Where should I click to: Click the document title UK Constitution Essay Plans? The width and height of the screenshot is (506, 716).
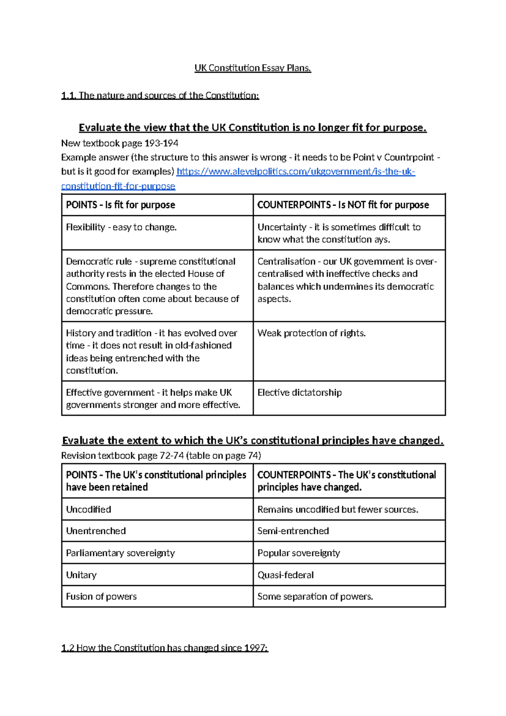click(253, 68)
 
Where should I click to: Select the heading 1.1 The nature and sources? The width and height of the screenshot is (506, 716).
click(160, 95)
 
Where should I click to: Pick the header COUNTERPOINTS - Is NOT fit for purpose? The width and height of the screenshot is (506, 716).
click(343, 205)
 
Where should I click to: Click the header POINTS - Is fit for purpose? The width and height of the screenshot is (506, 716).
click(120, 205)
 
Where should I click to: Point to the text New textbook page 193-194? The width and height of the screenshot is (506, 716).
click(120, 144)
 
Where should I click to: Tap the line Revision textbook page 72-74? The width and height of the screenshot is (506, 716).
click(161, 456)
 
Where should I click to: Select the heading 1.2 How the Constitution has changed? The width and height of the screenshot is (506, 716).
click(164, 648)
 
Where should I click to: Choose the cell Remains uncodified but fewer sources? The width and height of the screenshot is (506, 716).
click(338, 510)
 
